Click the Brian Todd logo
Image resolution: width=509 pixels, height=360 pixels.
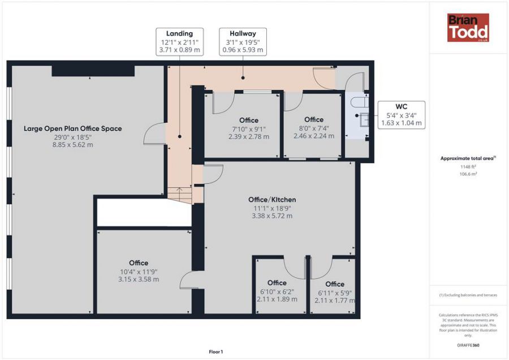click(x=468, y=28)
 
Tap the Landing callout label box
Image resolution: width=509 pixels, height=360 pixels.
click(x=179, y=42)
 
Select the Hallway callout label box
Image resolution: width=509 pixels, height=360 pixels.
click(x=243, y=42)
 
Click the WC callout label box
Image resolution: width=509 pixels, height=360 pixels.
click(x=402, y=115)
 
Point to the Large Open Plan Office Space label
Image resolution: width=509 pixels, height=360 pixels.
click(x=73, y=128)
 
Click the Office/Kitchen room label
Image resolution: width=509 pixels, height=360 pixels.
click(x=272, y=199)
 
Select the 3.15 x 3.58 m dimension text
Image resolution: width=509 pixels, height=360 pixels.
click(x=139, y=279)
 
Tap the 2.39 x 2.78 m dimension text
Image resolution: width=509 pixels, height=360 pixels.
click(x=249, y=136)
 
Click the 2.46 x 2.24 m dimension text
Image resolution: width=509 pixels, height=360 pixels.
click(x=314, y=136)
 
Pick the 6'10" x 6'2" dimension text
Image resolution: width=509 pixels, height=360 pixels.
click(x=277, y=292)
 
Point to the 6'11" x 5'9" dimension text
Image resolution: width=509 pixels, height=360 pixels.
click(x=335, y=293)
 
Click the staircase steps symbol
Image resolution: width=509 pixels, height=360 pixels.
click(x=179, y=195)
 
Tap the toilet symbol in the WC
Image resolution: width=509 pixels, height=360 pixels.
click(x=360, y=102)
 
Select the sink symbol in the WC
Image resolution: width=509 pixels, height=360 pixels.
click(x=364, y=119)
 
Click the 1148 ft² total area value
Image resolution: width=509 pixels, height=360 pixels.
click(x=468, y=166)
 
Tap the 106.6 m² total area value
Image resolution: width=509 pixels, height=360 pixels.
click(x=468, y=174)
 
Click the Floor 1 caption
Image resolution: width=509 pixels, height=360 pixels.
click(x=216, y=352)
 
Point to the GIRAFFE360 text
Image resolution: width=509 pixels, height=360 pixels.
click(x=468, y=345)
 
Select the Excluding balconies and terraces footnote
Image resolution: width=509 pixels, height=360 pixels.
click(x=468, y=295)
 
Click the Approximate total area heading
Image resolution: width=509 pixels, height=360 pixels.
click(x=468, y=158)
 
